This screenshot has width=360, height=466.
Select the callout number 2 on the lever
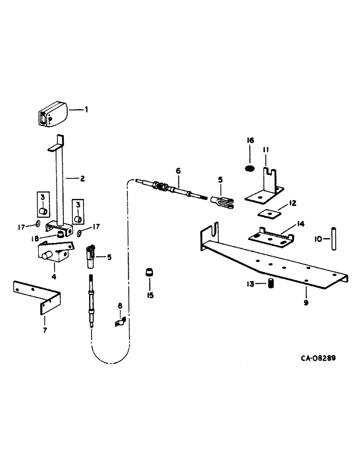click(82, 178)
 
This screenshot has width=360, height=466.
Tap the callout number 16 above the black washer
click(250, 140)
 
